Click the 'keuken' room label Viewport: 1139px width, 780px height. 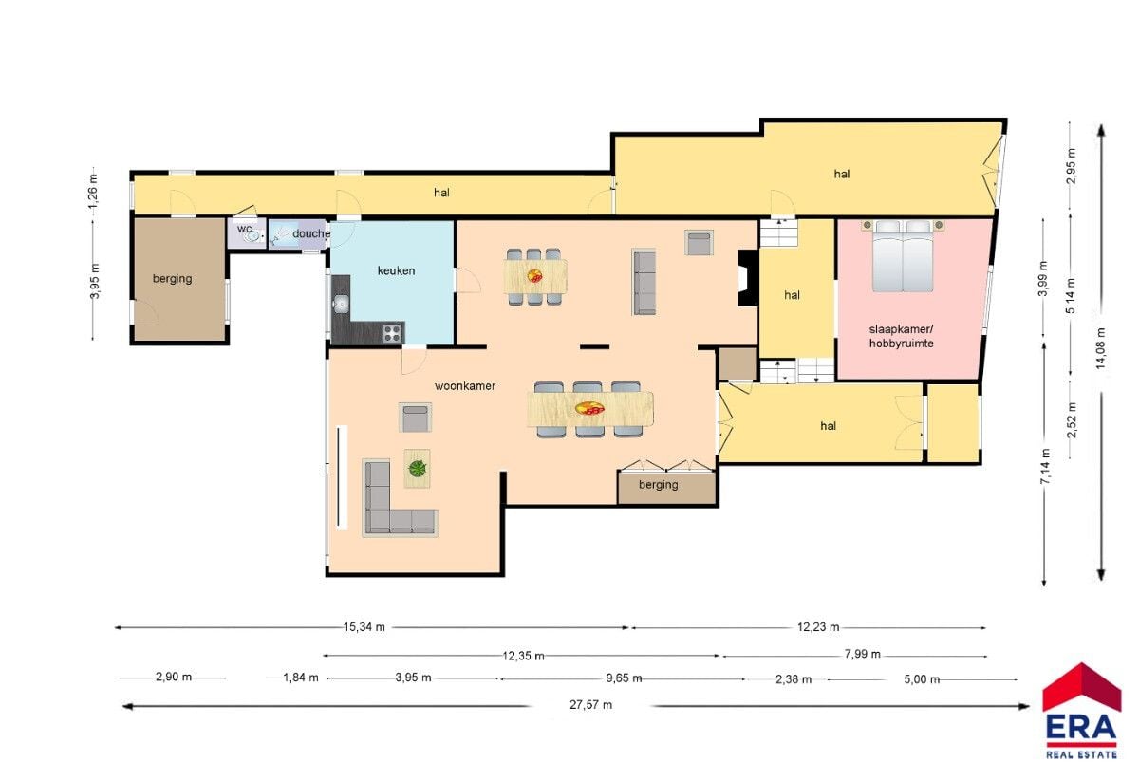pos(396,271)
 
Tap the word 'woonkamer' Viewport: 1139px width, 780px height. pos(465,386)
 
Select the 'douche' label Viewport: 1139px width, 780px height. pos(311,233)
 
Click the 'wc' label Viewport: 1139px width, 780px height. pos(244,229)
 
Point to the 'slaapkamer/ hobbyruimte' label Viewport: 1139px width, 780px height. pos(901,336)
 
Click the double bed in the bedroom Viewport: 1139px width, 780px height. pos(903,256)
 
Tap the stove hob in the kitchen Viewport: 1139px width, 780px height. pos(392,334)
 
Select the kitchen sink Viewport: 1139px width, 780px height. pos(340,304)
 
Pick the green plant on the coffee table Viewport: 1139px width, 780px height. pos(418,469)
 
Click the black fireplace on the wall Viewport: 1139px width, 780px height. pos(748,278)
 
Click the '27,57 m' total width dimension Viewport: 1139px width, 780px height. pos(590,705)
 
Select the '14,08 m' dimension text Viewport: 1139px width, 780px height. pos(1101,348)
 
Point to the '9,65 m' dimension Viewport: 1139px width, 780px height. pos(624,678)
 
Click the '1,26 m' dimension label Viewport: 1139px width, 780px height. pos(93,191)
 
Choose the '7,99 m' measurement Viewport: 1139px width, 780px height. pos(863,654)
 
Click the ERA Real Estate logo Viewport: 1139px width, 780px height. pos(1081,712)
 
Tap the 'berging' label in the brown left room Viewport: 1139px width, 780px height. pos(173,279)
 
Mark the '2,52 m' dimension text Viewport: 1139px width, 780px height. pos(1072,419)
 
